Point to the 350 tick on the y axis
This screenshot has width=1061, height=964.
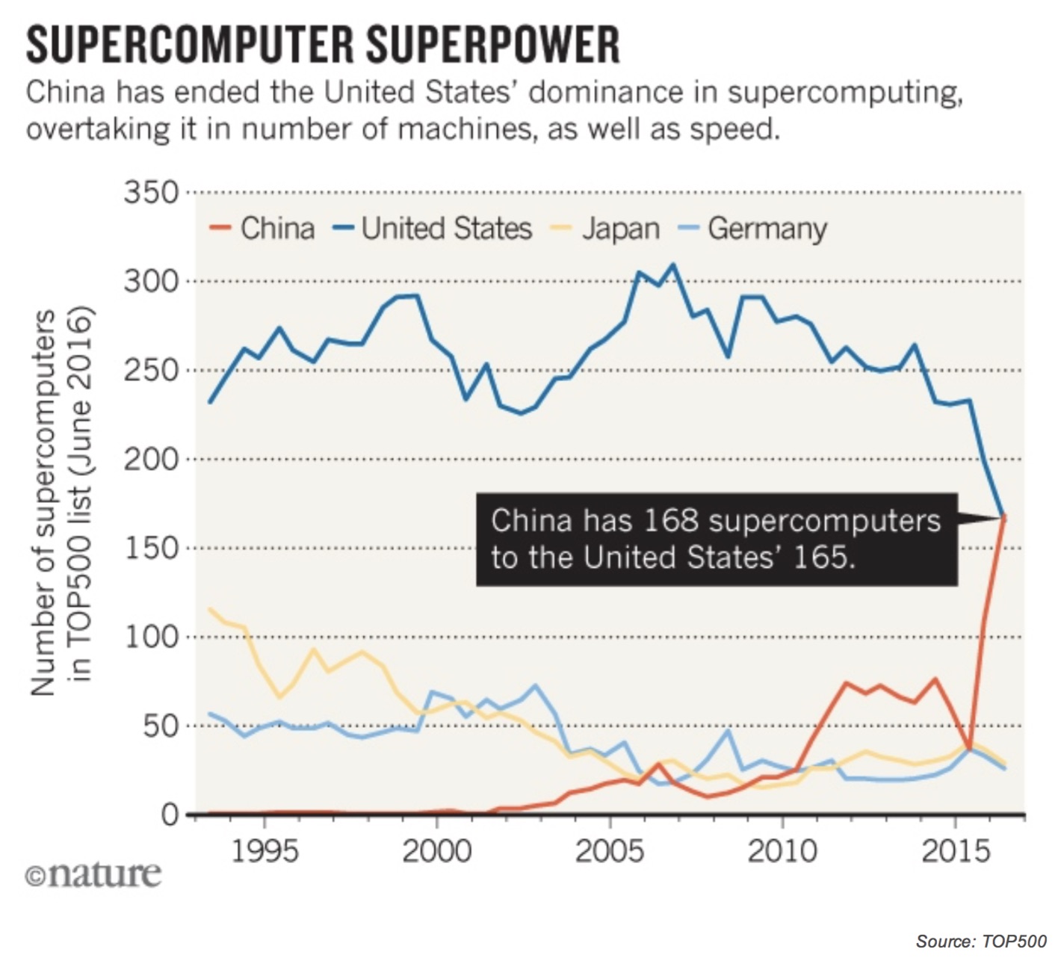point(152,193)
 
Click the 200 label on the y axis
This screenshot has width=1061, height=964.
point(152,459)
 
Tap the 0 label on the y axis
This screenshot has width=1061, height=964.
point(170,814)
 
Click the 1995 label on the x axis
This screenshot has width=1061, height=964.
point(264,850)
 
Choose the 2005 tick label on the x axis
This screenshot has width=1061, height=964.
point(610,850)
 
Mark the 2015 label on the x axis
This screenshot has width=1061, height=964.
point(956,850)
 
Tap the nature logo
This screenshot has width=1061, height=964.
point(93,874)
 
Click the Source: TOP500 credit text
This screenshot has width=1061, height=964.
point(981,941)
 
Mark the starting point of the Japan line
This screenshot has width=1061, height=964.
point(210,609)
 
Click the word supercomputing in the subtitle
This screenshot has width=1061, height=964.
point(844,93)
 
